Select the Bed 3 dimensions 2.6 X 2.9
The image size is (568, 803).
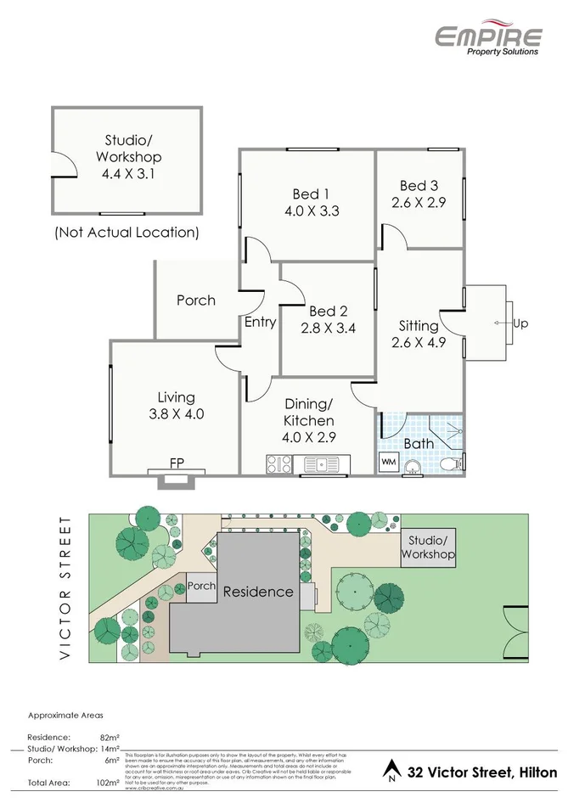tap(419, 202)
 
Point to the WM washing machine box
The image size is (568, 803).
tap(388, 462)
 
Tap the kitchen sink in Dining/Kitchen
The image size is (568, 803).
tap(323, 463)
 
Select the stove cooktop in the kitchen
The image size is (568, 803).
tap(279, 463)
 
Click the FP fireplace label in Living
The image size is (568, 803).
tap(177, 463)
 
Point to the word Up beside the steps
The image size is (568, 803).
tap(520, 323)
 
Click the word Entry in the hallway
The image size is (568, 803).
tap(260, 322)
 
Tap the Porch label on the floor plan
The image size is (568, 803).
tap(196, 300)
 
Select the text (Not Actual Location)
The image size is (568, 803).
tap(127, 231)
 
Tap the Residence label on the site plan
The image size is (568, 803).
tap(258, 592)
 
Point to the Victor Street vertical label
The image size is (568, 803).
tap(65, 587)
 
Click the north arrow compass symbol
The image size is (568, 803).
tap(391, 769)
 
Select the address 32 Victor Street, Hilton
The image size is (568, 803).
tap(482, 771)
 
